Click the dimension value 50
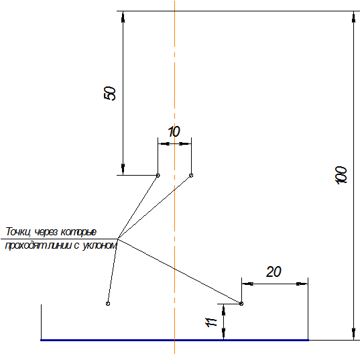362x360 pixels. (x=110, y=93)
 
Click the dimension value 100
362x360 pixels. (x=341, y=175)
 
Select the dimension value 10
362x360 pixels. (x=174, y=131)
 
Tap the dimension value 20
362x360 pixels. (x=274, y=272)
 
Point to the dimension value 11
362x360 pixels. (x=211, y=322)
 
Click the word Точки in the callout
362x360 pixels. (x=18, y=231)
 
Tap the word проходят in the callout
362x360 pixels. (x=26, y=245)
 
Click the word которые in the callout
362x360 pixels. (x=78, y=232)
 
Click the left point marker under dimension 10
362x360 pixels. (x=158, y=176)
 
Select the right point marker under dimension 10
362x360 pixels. (x=191, y=176)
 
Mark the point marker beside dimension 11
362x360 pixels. (x=241, y=304)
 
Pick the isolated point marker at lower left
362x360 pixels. (x=108, y=304)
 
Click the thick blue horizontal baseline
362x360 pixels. (x=174, y=340)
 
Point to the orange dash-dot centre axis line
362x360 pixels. (x=174, y=177)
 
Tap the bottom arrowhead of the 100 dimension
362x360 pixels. (x=353, y=335)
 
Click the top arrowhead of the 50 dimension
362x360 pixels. (x=123, y=17)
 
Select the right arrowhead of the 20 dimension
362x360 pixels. (x=302, y=284)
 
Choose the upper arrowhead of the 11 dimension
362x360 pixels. (x=223, y=310)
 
